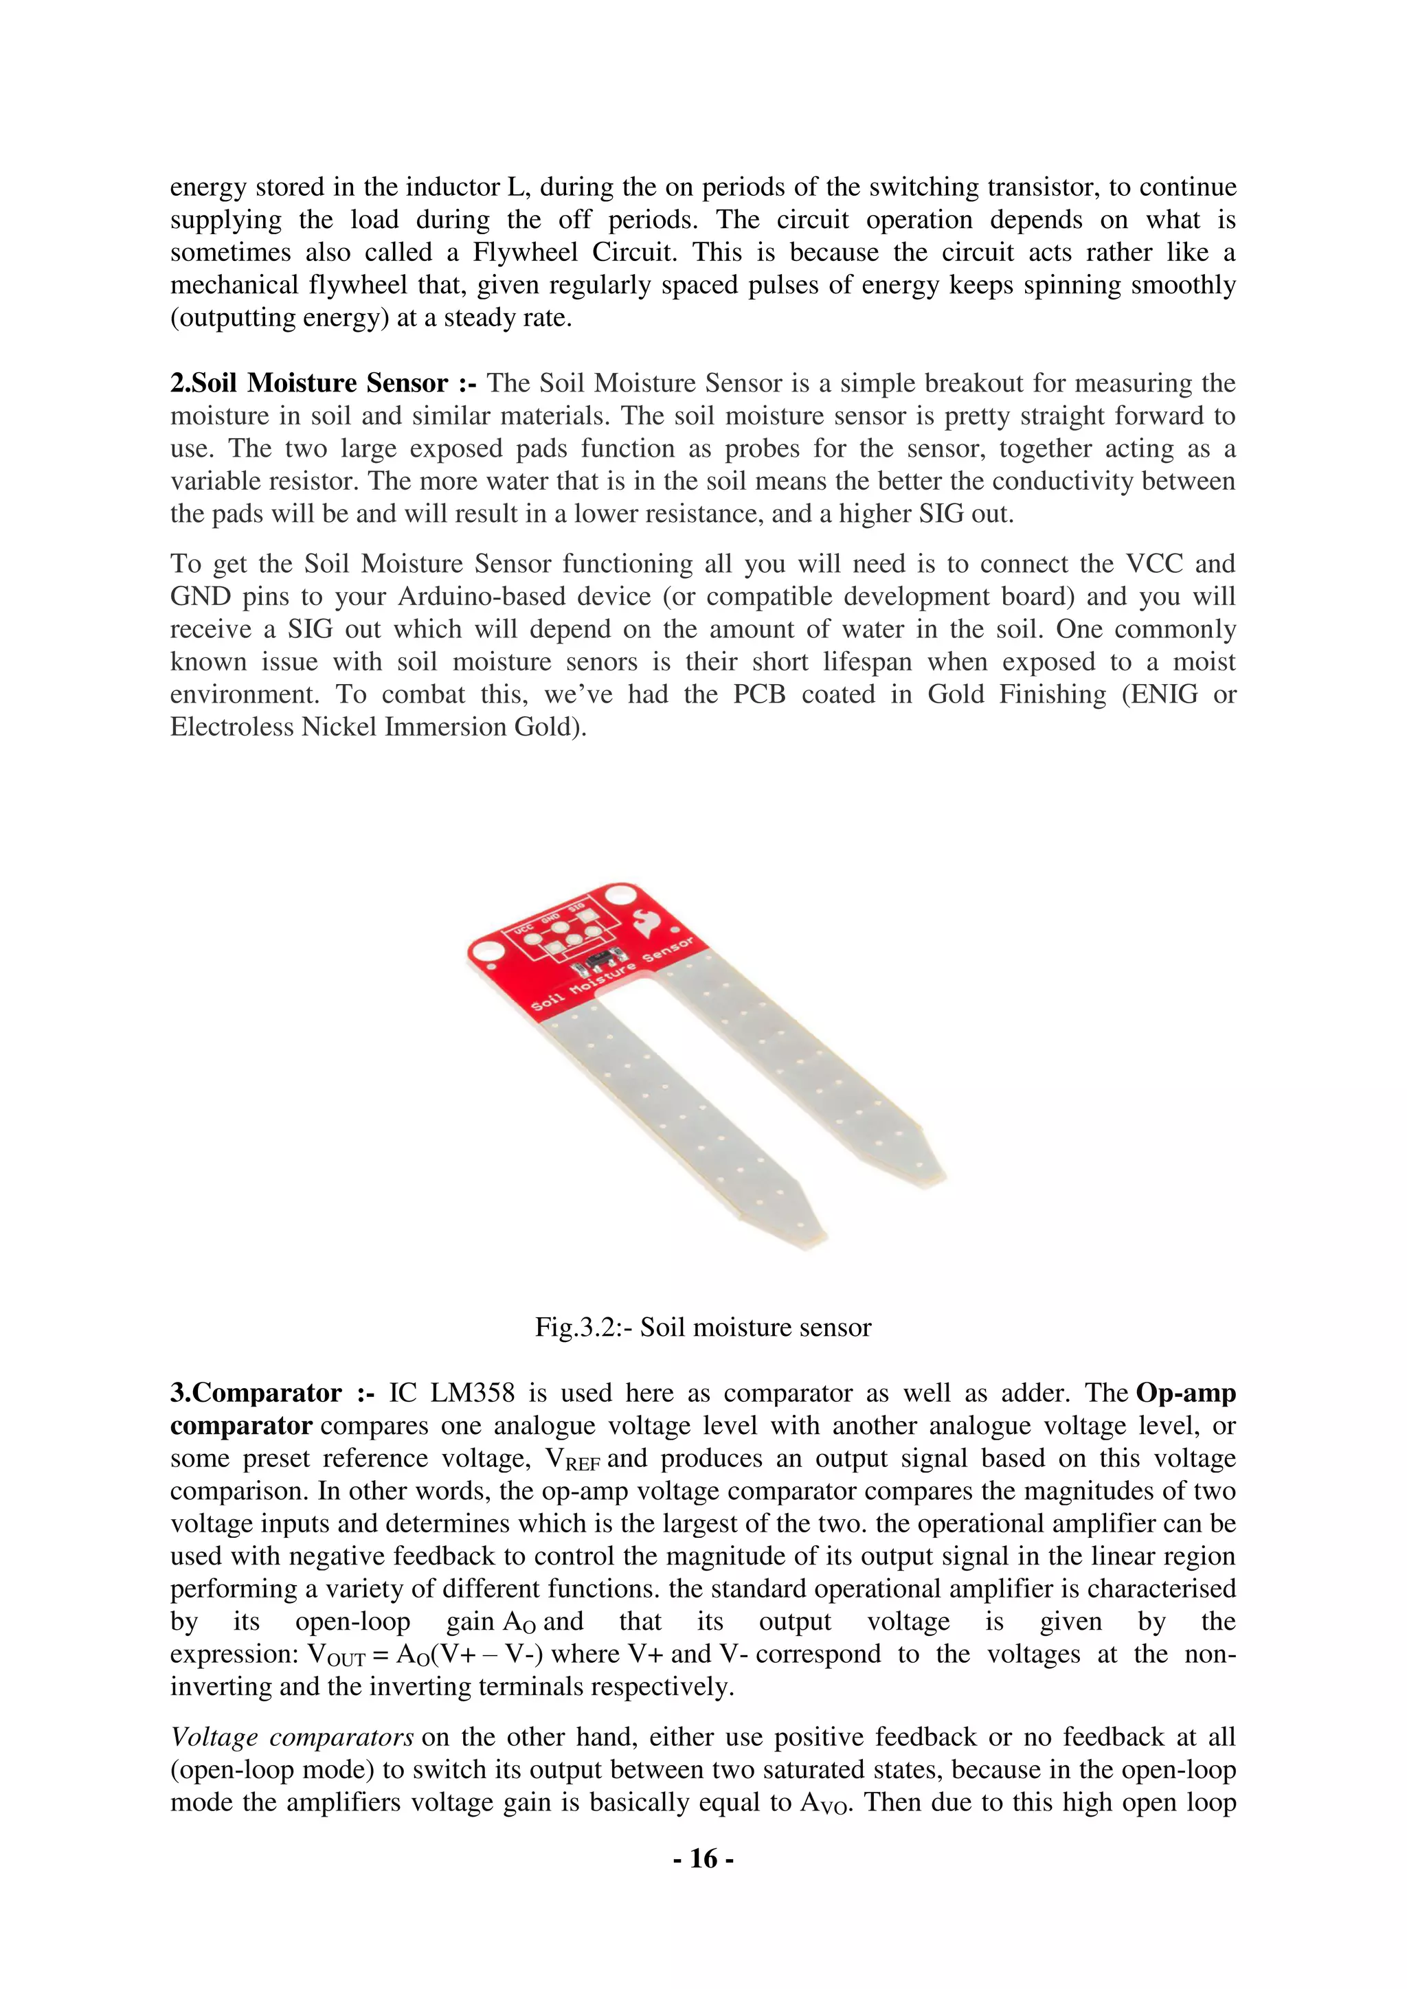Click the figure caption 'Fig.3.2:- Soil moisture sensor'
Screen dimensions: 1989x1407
(x=703, y=1327)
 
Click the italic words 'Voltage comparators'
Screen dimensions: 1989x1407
(x=292, y=1737)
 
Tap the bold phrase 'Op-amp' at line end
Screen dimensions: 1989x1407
(x=1185, y=1393)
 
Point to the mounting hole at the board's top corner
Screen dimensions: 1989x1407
(x=621, y=895)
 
